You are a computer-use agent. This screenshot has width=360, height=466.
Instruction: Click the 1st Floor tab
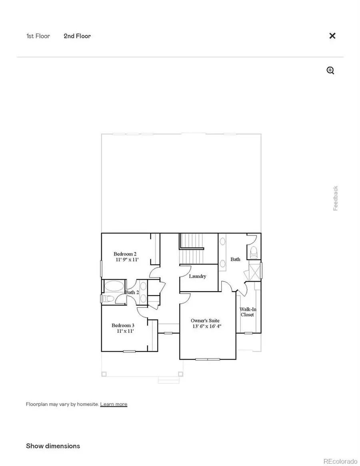point(38,36)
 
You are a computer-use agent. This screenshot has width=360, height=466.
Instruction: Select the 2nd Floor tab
point(77,36)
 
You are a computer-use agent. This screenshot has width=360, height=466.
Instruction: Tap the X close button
point(332,36)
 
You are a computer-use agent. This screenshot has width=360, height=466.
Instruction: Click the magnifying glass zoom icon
point(330,71)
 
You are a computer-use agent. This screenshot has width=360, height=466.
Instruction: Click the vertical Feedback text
point(336,198)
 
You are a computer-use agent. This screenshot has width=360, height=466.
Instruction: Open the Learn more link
point(114,404)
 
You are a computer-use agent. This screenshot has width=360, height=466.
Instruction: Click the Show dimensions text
point(53,446)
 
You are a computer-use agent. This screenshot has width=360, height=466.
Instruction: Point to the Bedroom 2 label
point(125,254)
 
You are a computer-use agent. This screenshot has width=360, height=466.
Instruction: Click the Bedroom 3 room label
point(123,325)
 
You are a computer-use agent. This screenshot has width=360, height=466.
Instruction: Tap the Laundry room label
point(198,276)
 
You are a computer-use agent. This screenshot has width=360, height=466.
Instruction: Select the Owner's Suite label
point(205,320)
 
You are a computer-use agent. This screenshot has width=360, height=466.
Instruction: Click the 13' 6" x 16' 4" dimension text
point(206,326)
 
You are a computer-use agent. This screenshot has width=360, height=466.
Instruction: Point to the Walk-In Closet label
point(247,312)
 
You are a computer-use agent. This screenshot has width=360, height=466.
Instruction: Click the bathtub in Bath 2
point(114,287)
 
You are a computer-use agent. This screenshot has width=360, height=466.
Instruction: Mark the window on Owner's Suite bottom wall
point(208,359)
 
